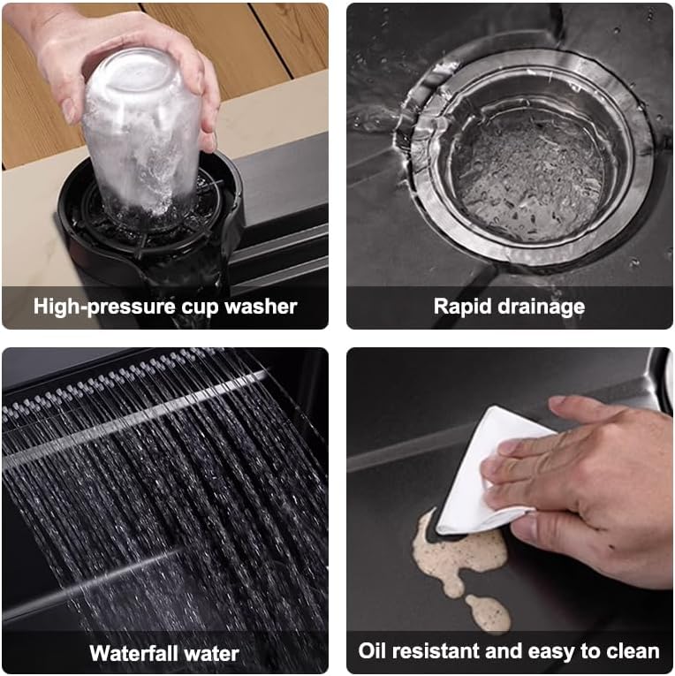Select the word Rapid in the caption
[462, 308]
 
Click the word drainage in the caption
[542, 308]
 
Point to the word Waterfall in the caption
[133, 653]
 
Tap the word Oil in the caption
[372, 650]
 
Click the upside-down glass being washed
[141, 133]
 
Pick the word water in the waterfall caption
[211, 653]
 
